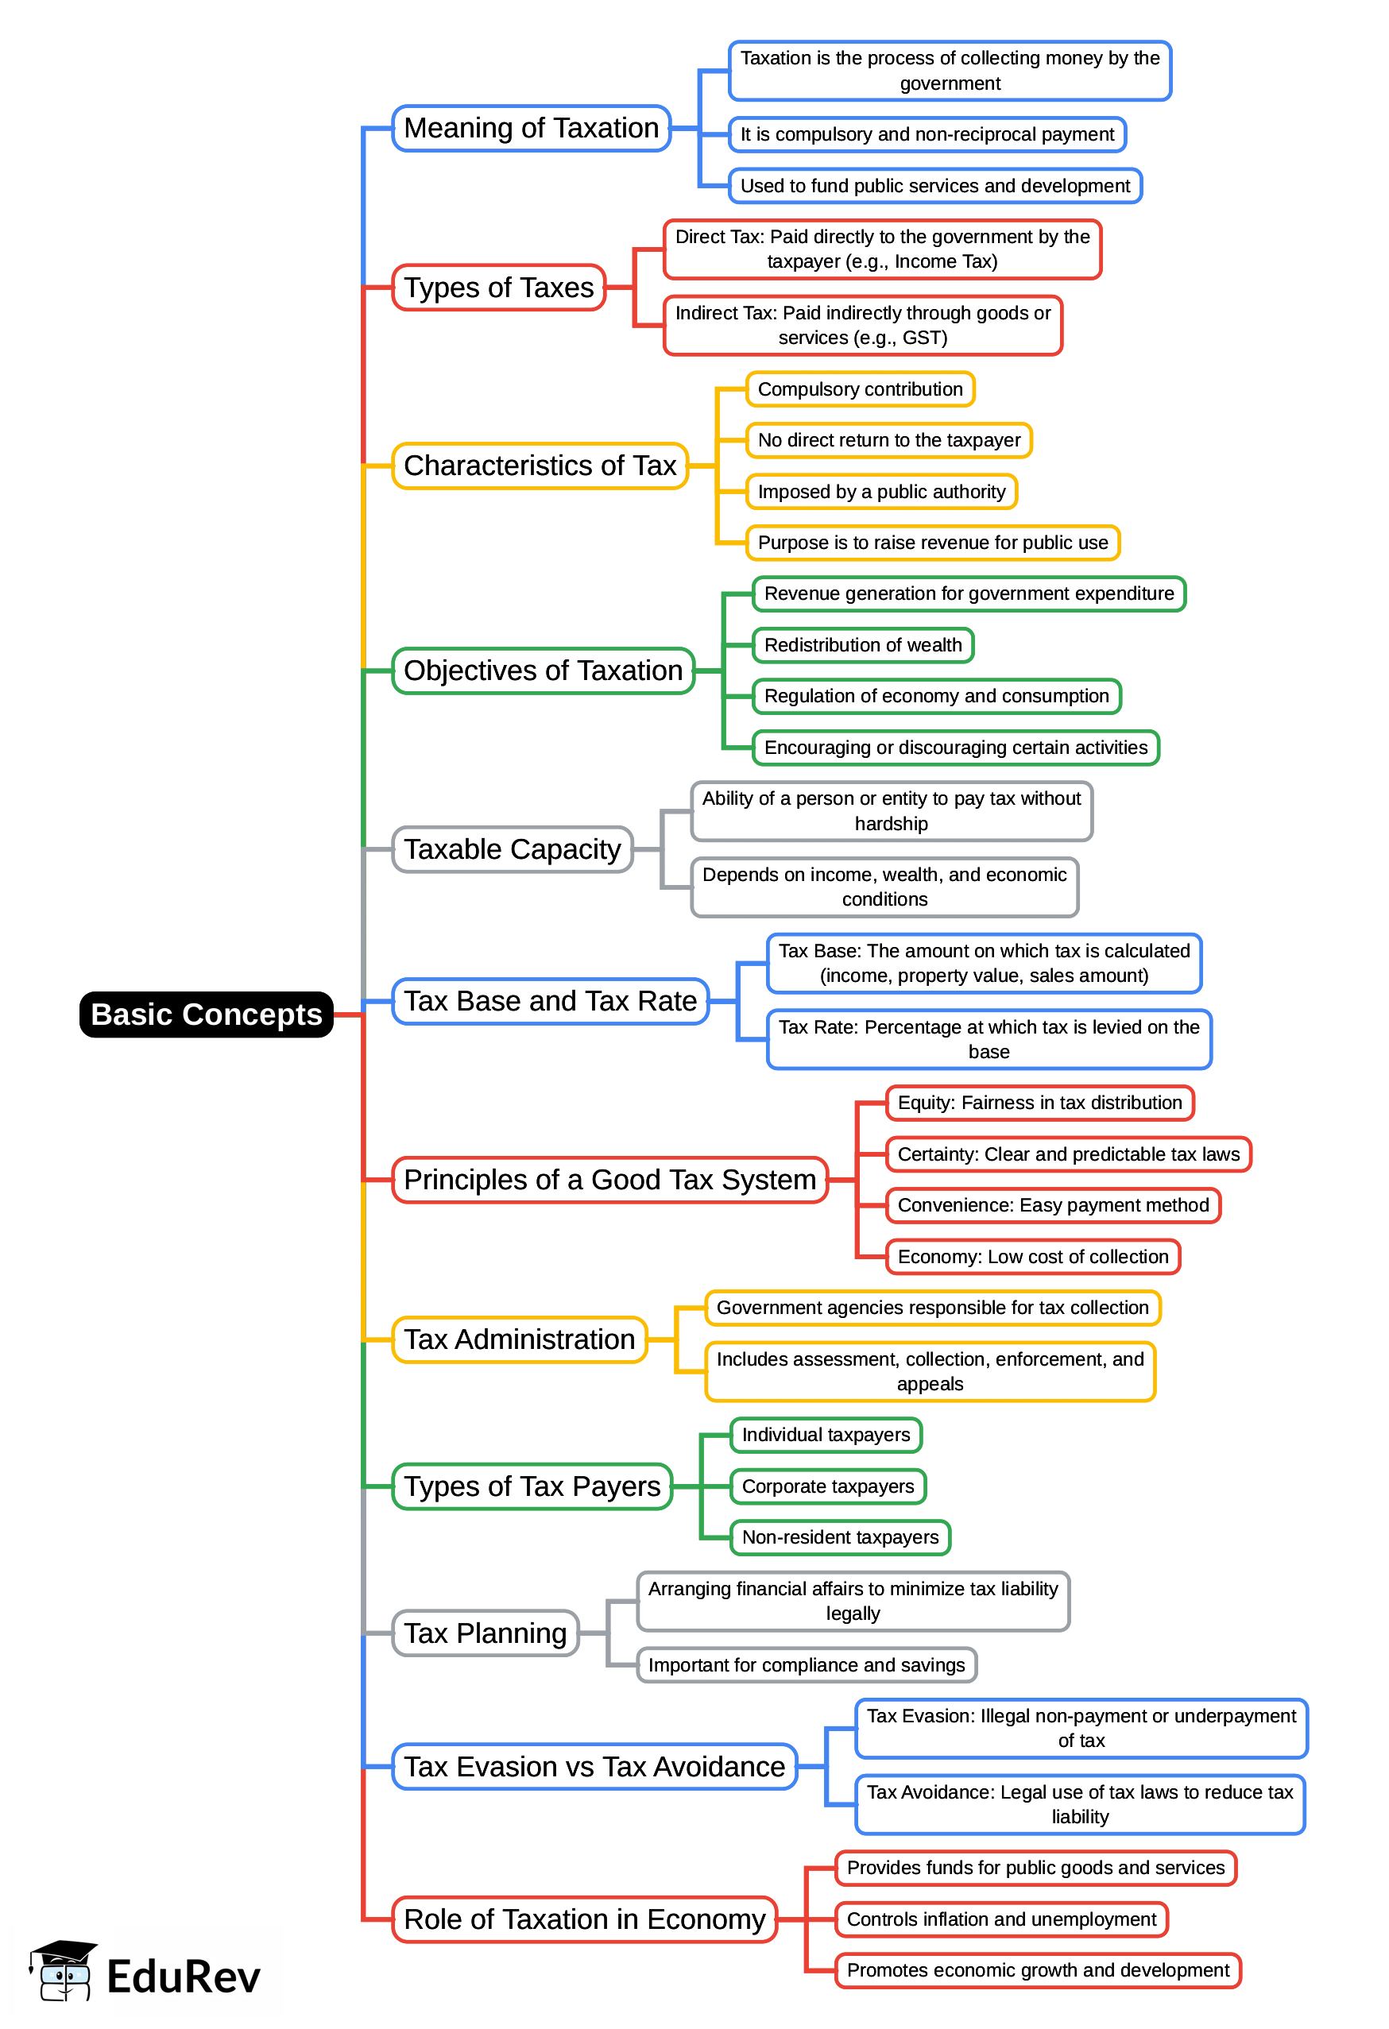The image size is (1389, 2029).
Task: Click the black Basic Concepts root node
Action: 206,1014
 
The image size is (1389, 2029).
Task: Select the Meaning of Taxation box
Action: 531,129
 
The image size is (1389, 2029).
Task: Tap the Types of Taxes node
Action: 498,288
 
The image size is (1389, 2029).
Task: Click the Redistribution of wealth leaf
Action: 861,645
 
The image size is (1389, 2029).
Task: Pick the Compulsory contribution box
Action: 859,389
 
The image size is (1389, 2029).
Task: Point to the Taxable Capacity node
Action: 512,848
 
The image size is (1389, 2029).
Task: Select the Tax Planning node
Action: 485,1633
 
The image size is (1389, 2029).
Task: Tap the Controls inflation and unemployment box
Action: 1000,1919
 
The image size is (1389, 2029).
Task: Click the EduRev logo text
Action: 184,1977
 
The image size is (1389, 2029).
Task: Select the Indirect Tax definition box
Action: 861,326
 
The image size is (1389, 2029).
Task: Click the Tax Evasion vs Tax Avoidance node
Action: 594,1766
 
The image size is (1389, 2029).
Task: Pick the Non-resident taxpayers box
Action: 839,1537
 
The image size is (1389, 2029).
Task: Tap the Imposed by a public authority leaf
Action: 881,492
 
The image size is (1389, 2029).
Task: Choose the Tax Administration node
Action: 519,1339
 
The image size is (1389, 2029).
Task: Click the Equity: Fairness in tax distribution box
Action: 1039,1103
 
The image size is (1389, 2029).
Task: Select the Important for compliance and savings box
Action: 806,1665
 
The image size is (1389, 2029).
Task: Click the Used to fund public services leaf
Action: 934,186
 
